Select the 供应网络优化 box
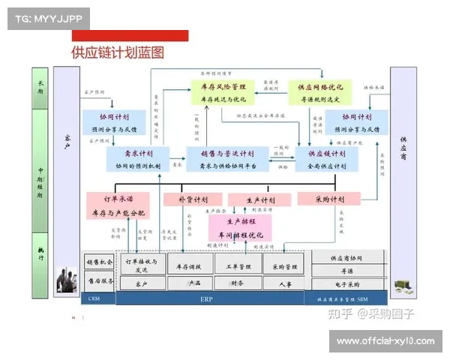coord(320,92)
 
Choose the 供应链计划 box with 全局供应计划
coord(328,159)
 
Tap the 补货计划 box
coord(193,199)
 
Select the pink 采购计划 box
coord(329,199)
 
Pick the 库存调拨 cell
coord(189,266)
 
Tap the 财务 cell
coord(237,283)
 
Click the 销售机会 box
coord(100,262)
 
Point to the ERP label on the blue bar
coord(207,298)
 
